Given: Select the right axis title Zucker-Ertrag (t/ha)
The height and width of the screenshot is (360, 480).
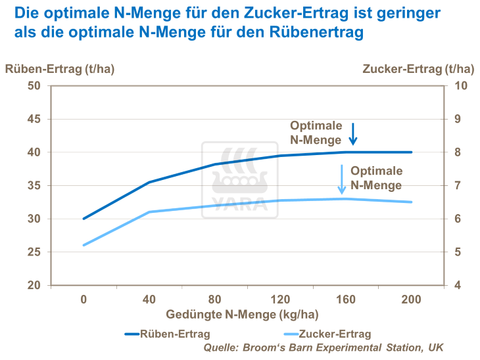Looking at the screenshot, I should pyautogui.click(x=418, y=69).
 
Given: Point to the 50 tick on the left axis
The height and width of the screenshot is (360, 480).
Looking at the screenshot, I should pyautogui.click(x=34, y=86).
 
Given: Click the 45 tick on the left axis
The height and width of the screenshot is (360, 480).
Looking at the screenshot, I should pyautogui.click(x=34, y=120).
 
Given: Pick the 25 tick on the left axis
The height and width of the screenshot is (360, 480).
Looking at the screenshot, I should pyautogui.click(x=34, y=252).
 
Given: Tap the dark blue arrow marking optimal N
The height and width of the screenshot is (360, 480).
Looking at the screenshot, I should pyautogui.click(x=352, y=133).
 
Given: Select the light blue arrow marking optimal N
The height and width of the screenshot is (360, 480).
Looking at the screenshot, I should pyautogui.click(x=342, y=179).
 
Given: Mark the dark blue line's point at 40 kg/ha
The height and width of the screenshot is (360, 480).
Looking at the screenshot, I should pyautogui.click(x=149, y=182).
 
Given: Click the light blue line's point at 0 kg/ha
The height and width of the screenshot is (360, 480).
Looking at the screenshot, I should pyautogui.click(x=84, y=245).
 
